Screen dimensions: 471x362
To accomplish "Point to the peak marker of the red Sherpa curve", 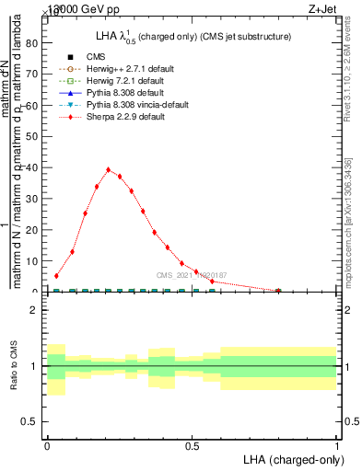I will (x=109, y=169).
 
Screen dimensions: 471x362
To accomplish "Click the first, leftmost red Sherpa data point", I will (x=57, y=275).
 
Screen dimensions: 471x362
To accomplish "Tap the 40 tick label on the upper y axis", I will (x=34, y=167).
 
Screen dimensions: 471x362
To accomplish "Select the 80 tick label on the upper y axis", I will (x=34, y=42).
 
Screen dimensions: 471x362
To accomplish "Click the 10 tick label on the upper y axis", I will (x=34, y=261).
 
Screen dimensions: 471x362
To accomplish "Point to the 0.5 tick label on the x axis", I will (x=192, y=445).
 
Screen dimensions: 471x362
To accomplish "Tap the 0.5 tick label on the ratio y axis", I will (x=34, y=421).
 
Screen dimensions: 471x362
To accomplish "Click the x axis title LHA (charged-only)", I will (x=286, y=458).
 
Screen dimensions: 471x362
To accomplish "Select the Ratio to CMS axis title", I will (x=13, y=366).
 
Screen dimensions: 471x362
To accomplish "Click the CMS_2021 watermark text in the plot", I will (x=192, y=274).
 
